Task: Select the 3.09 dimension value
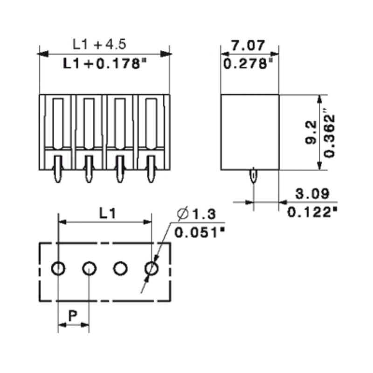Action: coord(312,193)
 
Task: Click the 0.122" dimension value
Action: coord(312,212)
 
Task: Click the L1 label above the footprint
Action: coord(107,213)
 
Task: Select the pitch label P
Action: coord(73,316)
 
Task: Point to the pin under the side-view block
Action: coord(253,176)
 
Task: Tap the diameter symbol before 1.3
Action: coord(183,214)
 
